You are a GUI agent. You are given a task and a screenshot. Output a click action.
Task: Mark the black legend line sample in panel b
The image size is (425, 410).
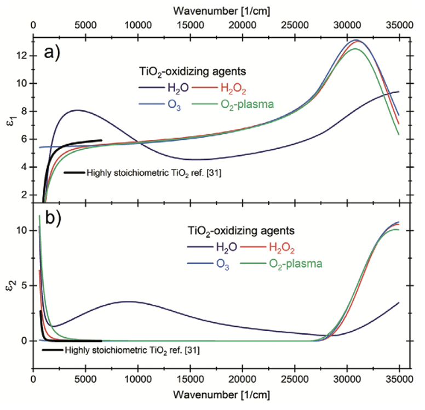(x=53, y=349)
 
